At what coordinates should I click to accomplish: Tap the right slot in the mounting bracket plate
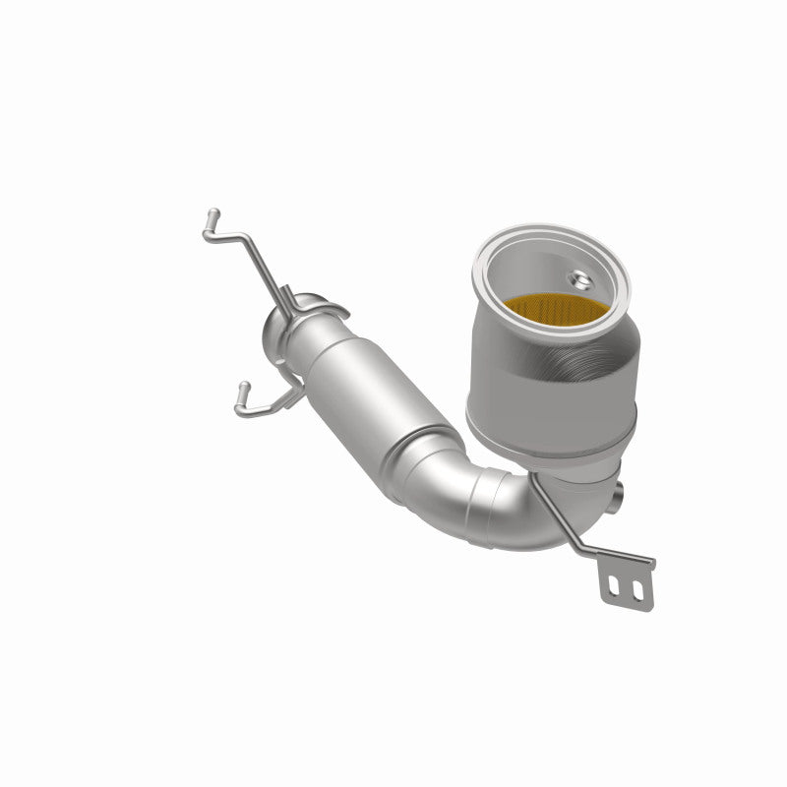point(636,590)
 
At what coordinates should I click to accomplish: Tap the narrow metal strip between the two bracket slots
point(627,589)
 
